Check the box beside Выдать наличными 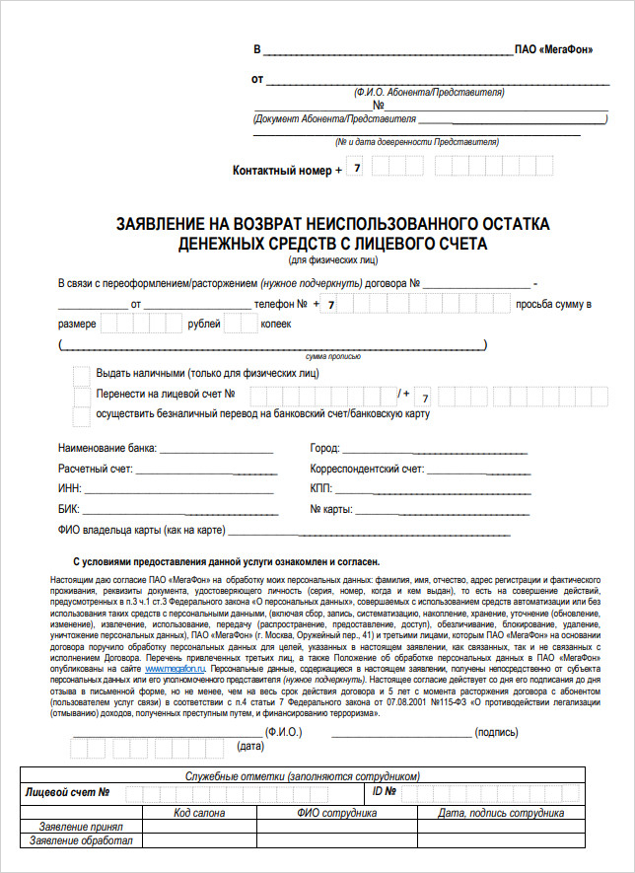(x=82, y=374)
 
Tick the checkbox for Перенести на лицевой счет (x=82, y=395)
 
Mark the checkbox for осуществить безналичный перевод (x=82, y=414)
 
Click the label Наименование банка (x=107, y=448)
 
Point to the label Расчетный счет (x=99, y=469)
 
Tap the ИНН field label (x=70, y=489)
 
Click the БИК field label (x=69, y=510)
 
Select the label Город (x=326, y=448)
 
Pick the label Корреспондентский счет (x=367, y=469)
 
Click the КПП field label (x=322, y=489)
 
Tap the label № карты (x=331, y=510)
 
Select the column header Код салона (x=200, y=813)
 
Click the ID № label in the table (x=384, y=792)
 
